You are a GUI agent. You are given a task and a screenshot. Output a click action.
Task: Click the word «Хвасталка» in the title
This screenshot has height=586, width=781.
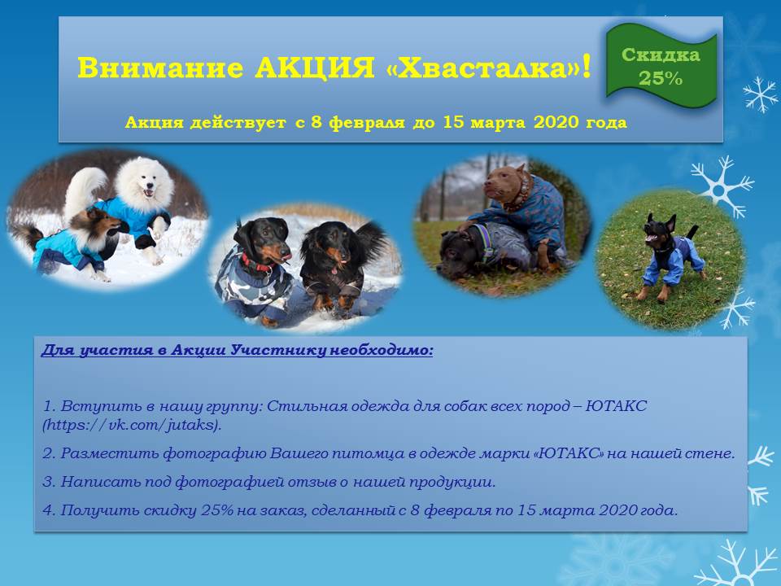pyautogui.click(x=483, y=68)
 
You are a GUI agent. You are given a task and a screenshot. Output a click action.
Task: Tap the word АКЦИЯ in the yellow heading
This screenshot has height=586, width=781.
pyautogui.click(x=314, y=68)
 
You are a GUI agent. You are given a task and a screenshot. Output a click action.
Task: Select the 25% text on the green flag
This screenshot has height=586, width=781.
pyautogui.click(x=661, y=78)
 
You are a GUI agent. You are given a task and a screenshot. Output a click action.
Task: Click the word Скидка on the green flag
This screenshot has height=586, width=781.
pyautogui.click(x=661, y=55)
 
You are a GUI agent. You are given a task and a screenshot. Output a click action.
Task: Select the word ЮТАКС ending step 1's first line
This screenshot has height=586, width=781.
pyautogui.click(x=616, y=405)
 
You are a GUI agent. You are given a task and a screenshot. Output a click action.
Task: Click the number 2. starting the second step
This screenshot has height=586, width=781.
pyautogui.click(x=49, y=453)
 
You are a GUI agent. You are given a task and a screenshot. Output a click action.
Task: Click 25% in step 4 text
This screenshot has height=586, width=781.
pyautogui.click(x=217, y=510)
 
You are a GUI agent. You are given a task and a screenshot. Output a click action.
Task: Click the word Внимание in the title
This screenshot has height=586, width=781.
pyautogui.click(x=160, y=68)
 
